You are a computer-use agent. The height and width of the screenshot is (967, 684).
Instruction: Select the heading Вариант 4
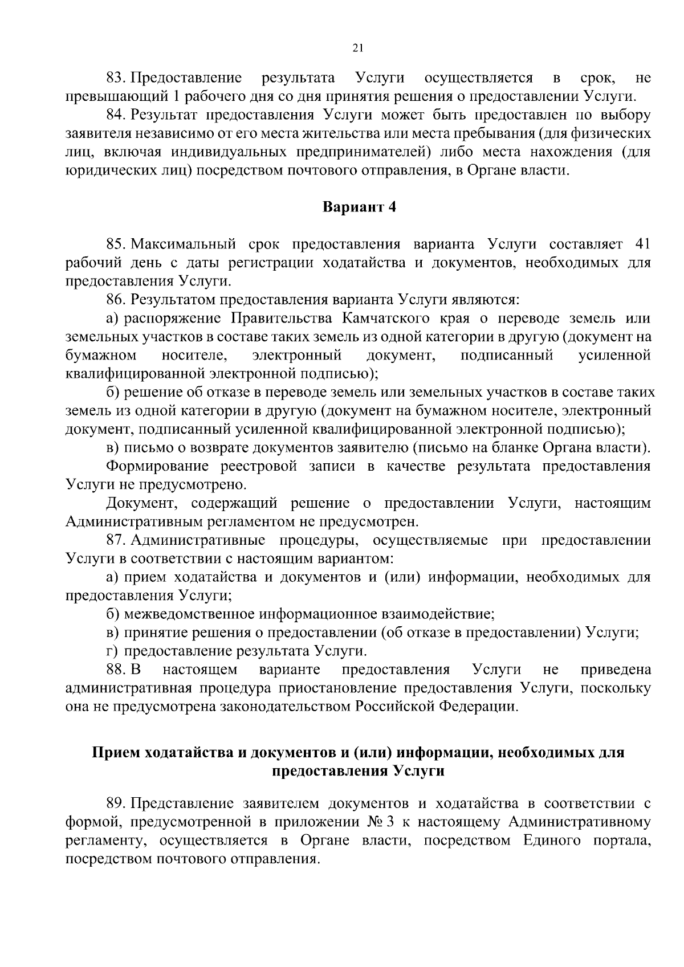coord(359,206)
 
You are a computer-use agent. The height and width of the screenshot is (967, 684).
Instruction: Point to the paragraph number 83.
coord(115,77)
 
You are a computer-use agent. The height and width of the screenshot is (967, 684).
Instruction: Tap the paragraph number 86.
coord(115,299)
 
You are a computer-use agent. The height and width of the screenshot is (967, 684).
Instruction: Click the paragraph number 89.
coord(115,803)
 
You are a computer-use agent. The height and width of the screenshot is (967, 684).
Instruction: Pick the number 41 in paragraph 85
coord(642,244)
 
